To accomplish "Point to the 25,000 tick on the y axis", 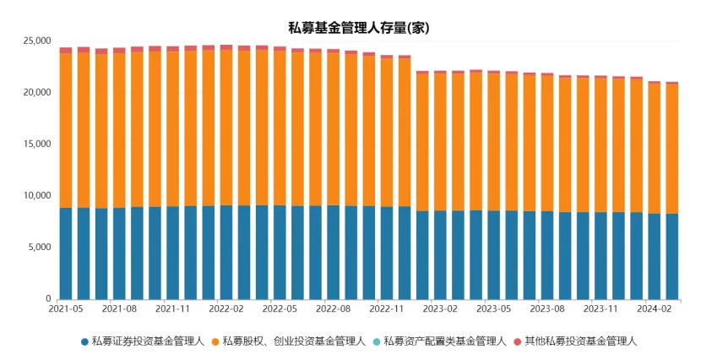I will pos(35,41).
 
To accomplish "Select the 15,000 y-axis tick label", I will pos(35,144).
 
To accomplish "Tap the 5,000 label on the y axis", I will pos(38,248).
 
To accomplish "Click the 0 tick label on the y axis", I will pos(48,299).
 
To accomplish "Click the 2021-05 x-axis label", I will pos(66,310).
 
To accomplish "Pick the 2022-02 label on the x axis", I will pos(226,310).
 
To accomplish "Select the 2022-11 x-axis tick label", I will pos(387,310).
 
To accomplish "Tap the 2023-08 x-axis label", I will pos(547,310).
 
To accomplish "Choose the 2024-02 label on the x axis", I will pos(655,310).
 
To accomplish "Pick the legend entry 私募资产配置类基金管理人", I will pos(444,341).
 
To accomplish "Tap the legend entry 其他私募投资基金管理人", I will pos(580,341).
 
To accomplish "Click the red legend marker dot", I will pos(518,341).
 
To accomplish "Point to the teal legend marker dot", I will pos(377,341).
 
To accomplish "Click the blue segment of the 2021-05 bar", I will pos(66,254).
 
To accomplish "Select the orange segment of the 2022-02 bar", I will pos(226,127).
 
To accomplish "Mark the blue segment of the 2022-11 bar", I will pos(387,254).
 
